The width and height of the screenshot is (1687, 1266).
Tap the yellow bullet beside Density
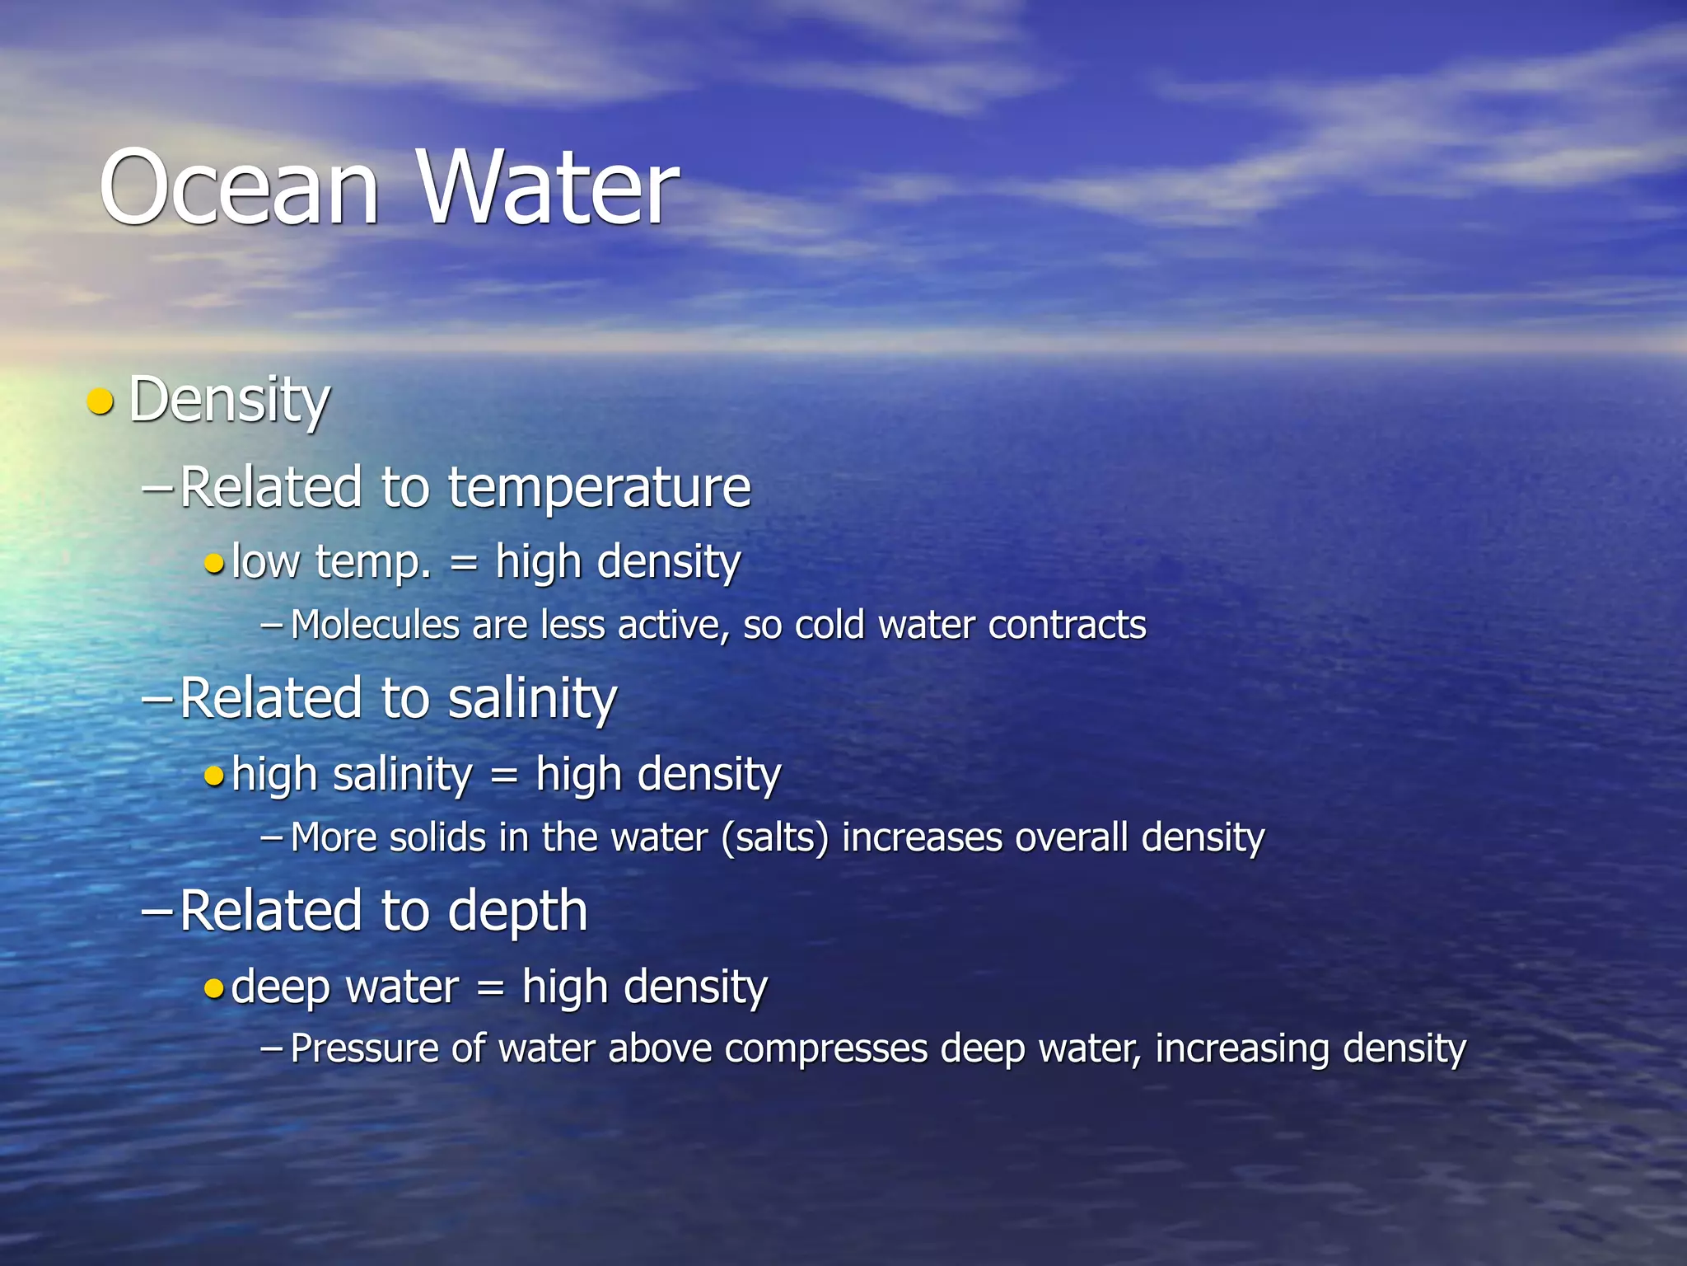click(x=100, y=401)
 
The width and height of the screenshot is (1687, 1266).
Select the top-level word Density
click(x=229, y=401)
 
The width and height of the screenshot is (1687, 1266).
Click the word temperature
click(x=599, y=488)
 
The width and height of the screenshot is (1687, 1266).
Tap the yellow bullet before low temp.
click(x=214, y=565)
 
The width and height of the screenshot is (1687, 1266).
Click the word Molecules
click(x=375, y=625)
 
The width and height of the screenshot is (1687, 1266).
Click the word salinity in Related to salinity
click(x=531, y=699)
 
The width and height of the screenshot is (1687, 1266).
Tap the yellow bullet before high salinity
click(x=214, y=776)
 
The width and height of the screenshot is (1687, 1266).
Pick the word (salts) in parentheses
click(x=774, y=837)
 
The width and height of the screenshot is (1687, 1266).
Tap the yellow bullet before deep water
click(x=214, y=988)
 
